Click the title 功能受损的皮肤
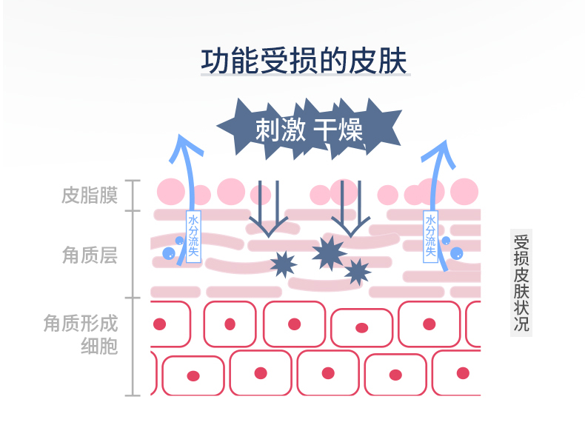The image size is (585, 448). [304, 61]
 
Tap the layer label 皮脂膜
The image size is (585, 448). [90, 195]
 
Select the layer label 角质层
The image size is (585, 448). [90, 255]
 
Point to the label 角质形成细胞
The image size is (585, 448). [81, 334]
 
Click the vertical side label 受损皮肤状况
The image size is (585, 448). [521, 283]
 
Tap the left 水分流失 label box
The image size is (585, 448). [193, 236]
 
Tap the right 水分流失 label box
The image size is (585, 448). [430, 236]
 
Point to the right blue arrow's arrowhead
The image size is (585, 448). [445, 141]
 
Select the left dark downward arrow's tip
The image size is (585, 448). [268, 236]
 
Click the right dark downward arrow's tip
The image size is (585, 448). [351, 236]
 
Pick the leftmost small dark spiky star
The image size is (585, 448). [284, 264]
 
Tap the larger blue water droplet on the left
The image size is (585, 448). [169, 253]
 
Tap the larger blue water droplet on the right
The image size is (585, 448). [457, 253]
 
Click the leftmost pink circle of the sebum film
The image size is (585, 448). [171, 192]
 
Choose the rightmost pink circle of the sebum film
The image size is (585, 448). [464, 192]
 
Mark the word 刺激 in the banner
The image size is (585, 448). [281, 130]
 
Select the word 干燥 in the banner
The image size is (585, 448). [338, 130]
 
